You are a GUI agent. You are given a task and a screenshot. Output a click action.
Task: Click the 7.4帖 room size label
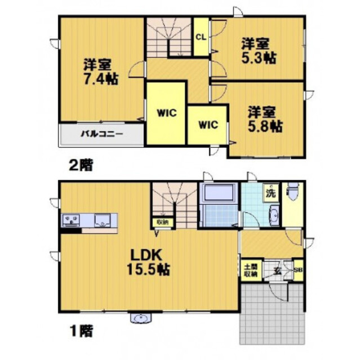(x=101, y=79)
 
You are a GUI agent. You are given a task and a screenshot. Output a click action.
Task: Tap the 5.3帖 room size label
(x=259, y=57)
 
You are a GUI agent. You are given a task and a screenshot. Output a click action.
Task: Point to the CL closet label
(x=200, y=38)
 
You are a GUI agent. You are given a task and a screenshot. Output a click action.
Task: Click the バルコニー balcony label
(x=102, y=134)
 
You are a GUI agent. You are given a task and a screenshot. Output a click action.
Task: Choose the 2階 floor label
(x=81, y=165)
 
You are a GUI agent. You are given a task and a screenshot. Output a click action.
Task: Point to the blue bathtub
(x=218, y=194)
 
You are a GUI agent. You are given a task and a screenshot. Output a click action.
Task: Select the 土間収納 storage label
(x=250, y=271)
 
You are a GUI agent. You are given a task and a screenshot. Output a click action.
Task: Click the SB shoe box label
(x=297, y=270)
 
